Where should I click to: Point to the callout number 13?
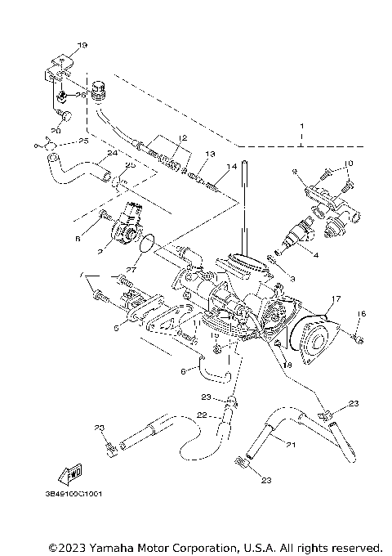(210, 154)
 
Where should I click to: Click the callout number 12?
(184, 137)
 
